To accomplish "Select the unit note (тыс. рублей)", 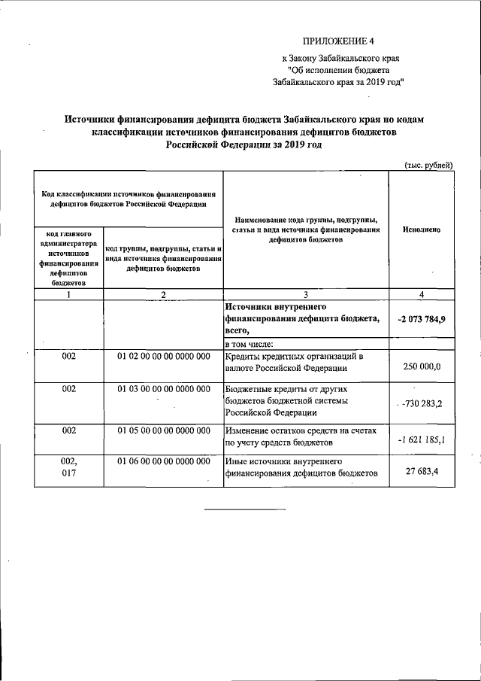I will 428,165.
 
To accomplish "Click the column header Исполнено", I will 421,229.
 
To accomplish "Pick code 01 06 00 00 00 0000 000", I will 163,460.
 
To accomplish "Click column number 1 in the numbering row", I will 68,294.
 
